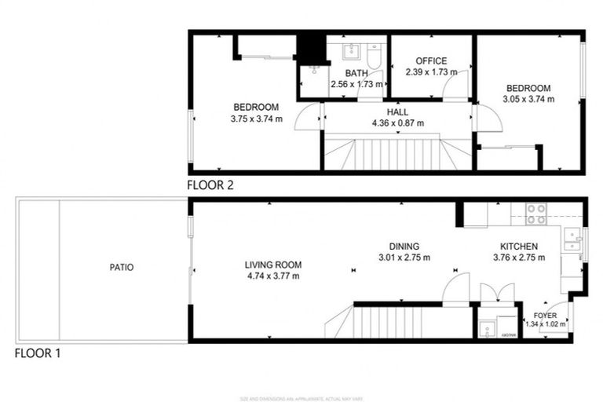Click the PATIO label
pos(122,268)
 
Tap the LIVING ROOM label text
pos(272,265)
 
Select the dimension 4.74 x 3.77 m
pos(272,276)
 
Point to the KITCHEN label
pos(515,246)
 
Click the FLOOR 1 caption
pos(38,353)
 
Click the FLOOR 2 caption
pos(210,186)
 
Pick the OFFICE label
pos(431,61)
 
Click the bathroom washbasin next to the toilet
pos(351,53)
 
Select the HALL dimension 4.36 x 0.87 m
pos(397,122)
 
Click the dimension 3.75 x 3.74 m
pos(257,119)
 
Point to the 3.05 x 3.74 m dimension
pos(528,99)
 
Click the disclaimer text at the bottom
pos(301,397)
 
